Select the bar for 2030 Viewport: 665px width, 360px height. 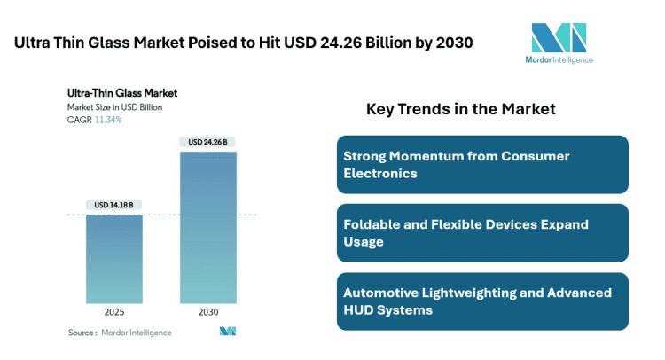[208, 227]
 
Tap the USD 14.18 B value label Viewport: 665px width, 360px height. [114, 205]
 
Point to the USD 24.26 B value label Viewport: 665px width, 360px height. [208, 141]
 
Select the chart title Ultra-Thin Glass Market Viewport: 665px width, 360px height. [122, 92]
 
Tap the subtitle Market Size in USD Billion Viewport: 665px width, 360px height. [114, 107]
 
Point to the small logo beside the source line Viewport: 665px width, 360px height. [228, 332]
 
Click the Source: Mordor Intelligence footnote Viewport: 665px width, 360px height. [120, 333]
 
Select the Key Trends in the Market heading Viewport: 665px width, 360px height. [460, 110]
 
